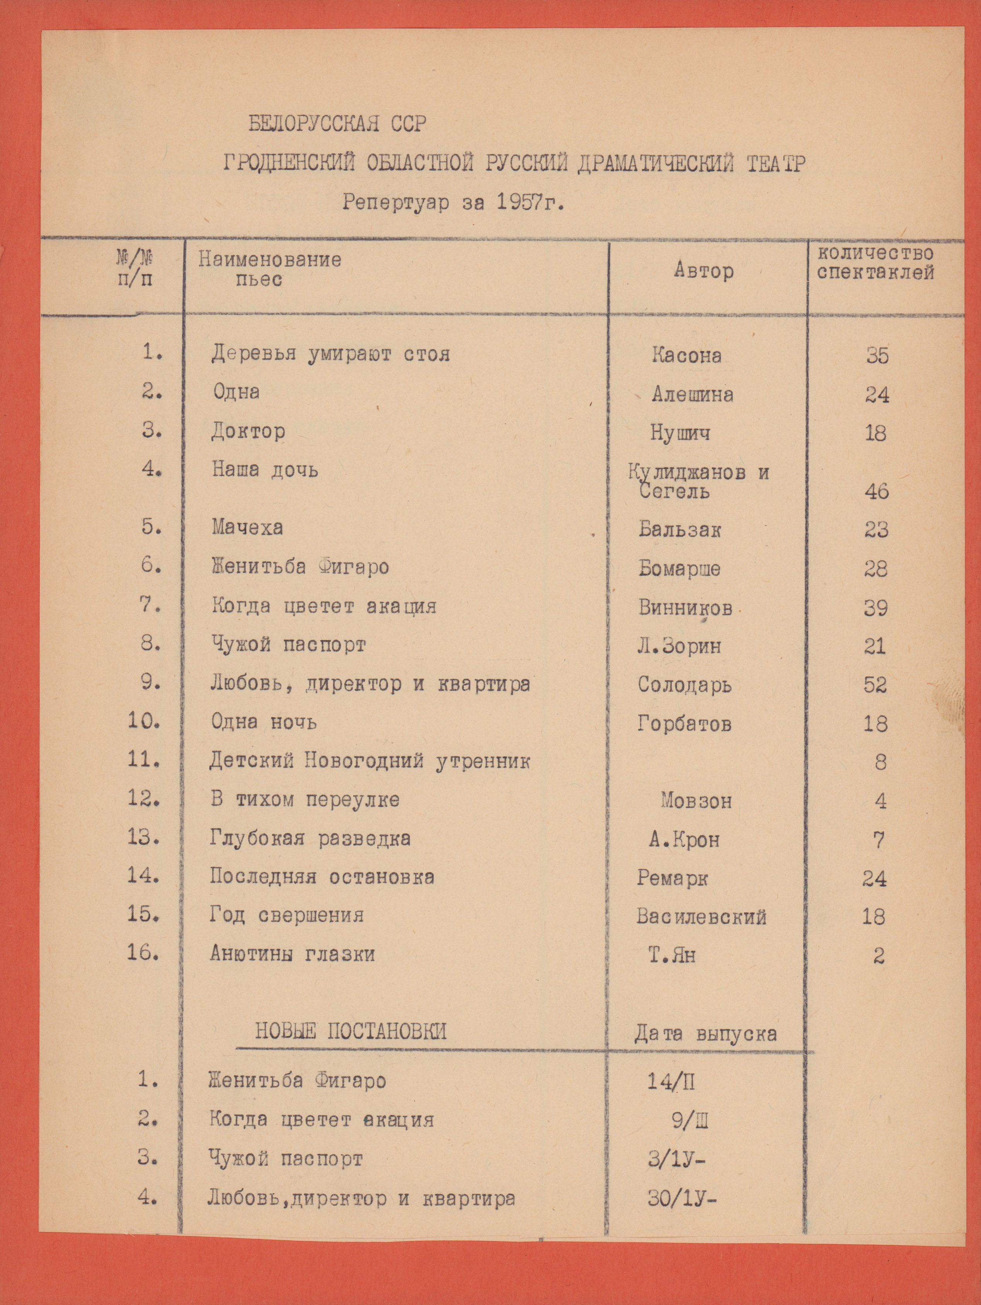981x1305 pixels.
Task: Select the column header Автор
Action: coord(704,271)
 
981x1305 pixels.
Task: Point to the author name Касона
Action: coord(686,355)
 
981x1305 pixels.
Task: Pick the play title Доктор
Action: coord(249,431)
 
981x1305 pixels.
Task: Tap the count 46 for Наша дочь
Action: coord(876,491)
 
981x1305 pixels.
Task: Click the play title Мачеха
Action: coord(247,527)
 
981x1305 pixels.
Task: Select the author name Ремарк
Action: coord(672,879)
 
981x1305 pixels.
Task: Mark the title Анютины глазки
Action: coord(292,954)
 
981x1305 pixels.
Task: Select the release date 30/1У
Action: coord(681,1198)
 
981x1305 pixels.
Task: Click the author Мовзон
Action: coord(696,801)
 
